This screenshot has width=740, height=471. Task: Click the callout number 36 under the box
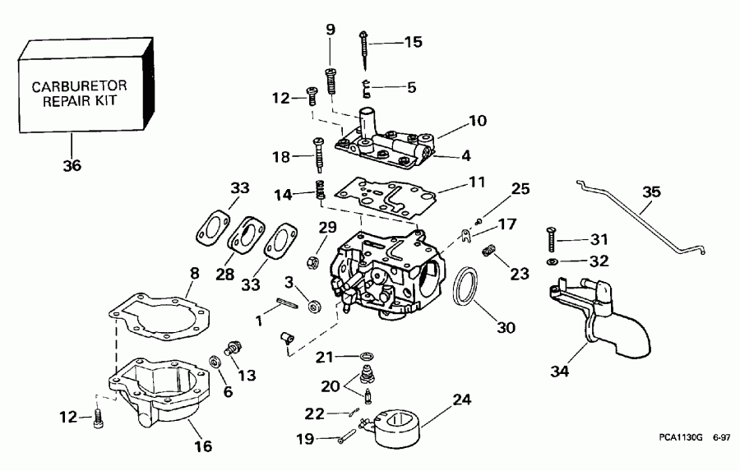(72, 165)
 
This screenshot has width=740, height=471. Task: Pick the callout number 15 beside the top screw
(412, 42)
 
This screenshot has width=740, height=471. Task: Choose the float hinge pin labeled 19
(349, 436)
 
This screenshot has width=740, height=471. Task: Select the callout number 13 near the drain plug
(247, 375)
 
